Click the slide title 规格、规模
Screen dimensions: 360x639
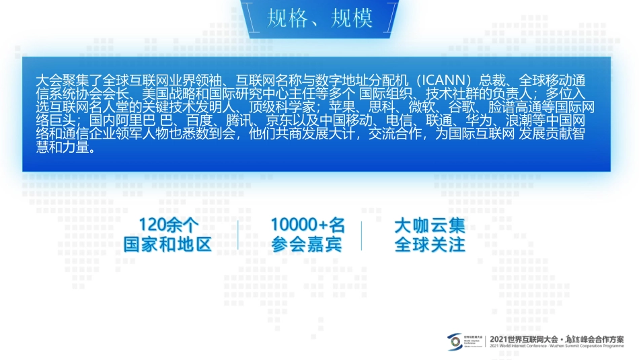[x=319, y=18]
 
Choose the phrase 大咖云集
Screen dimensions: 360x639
[x=430, y=225]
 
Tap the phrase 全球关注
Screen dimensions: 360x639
[x=430, y=244]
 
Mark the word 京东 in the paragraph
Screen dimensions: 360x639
[x=279, y=120]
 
